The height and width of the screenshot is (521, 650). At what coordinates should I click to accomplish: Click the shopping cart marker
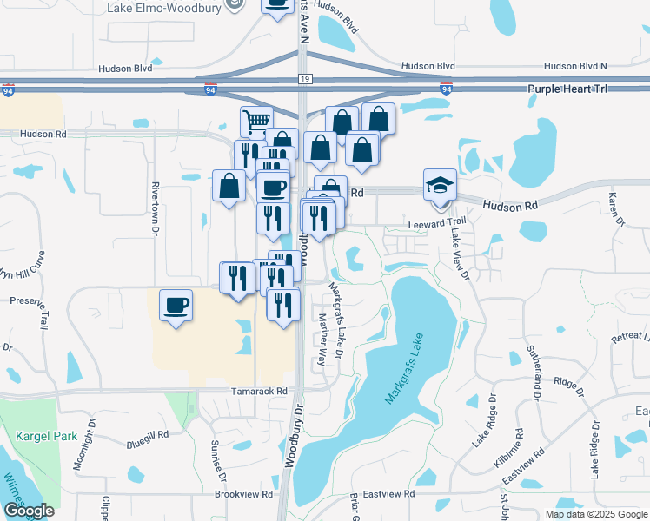coord(256,122)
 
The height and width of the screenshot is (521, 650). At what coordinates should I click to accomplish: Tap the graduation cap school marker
coord(440,185)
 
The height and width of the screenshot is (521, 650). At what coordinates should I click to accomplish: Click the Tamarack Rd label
coord(259,392)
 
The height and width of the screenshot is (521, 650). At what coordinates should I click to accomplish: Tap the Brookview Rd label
coord(243,493)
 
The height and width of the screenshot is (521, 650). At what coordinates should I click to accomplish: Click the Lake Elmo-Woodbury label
coord(163,8)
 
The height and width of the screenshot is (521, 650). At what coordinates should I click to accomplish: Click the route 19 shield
coord(303,79)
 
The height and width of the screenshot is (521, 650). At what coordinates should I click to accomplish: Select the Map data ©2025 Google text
coord(595,514)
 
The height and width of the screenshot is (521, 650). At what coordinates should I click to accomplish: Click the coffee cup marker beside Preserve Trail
coord(176,306)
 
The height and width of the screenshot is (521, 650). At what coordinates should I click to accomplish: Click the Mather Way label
coord(322,337)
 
